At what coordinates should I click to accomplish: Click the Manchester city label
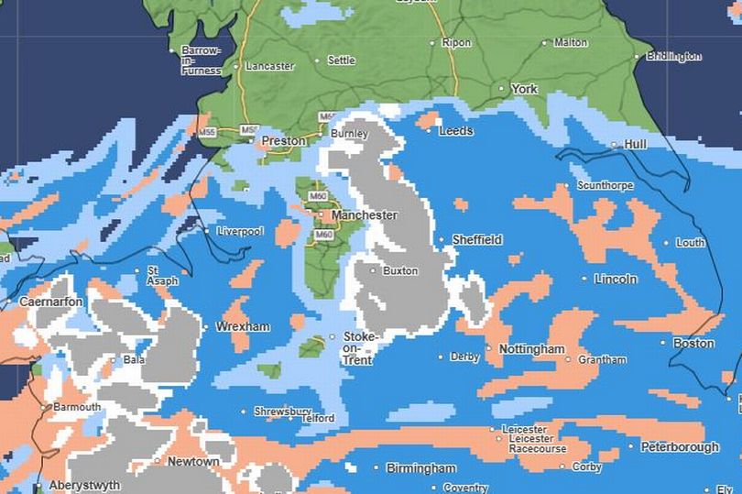click(x=364, y=215)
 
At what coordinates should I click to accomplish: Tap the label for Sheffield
click(x=476, y=240)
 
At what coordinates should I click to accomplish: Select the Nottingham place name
click(x=531, y=349)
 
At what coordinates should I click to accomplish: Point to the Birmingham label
click(x=420, y=468)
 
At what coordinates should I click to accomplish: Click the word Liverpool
click(x=239, y=232)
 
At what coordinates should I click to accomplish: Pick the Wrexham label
click(x=243, y=326)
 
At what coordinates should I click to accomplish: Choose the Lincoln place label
click(x=615, y=279)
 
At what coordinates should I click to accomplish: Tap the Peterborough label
click(x=680, y=447)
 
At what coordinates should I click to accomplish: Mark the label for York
click(x=524, y=89)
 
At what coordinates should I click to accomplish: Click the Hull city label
click(x=635, y=145)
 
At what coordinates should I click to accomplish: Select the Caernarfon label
click(x=51, y=302)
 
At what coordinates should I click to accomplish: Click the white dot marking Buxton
click(x=373, y=270)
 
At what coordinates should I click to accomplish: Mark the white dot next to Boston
click(x=664, y=344)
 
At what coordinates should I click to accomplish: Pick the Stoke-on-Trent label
click(x=358, y=348)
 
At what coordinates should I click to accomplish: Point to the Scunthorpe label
click(x=605, y=186)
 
